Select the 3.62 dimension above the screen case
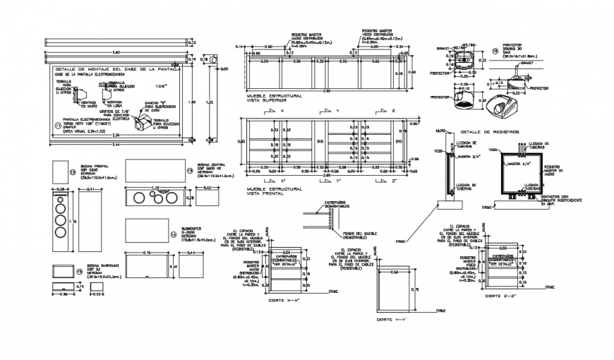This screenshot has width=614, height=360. tap(116, 53)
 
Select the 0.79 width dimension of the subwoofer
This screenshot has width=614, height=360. tap(147, 252)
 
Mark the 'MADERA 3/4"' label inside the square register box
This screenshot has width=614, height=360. tap(518, 164)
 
